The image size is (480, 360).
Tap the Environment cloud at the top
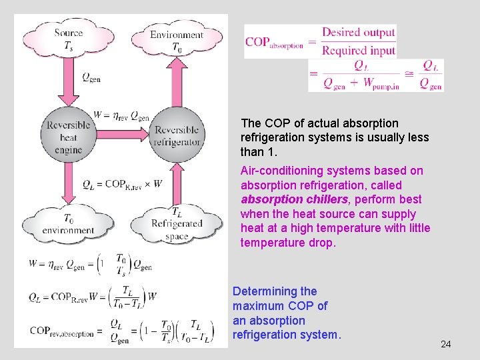(176, 39)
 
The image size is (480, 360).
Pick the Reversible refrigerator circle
(177, 136)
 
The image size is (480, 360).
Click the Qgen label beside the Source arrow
(91, 77)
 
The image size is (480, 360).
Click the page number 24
(446, 344)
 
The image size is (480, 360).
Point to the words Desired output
(359, 32)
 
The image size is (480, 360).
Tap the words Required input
(359, 49)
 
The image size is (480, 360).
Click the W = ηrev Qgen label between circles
(121, 115)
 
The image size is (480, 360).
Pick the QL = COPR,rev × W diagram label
(122, 184)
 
